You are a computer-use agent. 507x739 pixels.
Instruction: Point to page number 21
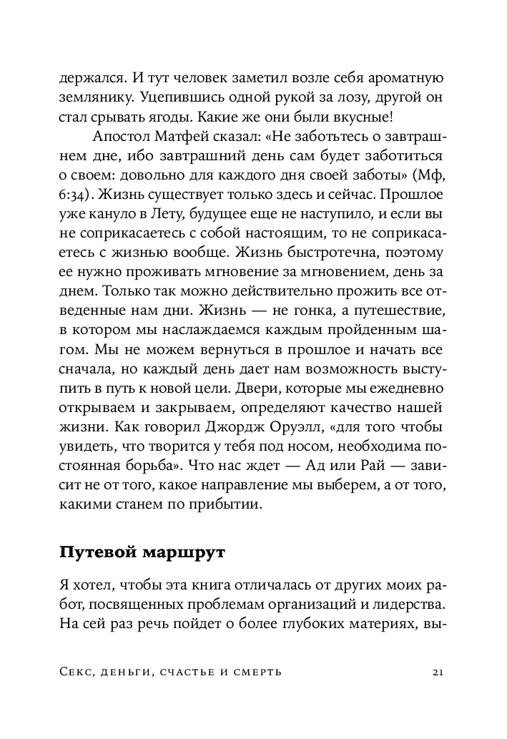(x=440, y=672)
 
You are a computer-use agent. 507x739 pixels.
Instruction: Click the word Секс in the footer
(x=78, y=672)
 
